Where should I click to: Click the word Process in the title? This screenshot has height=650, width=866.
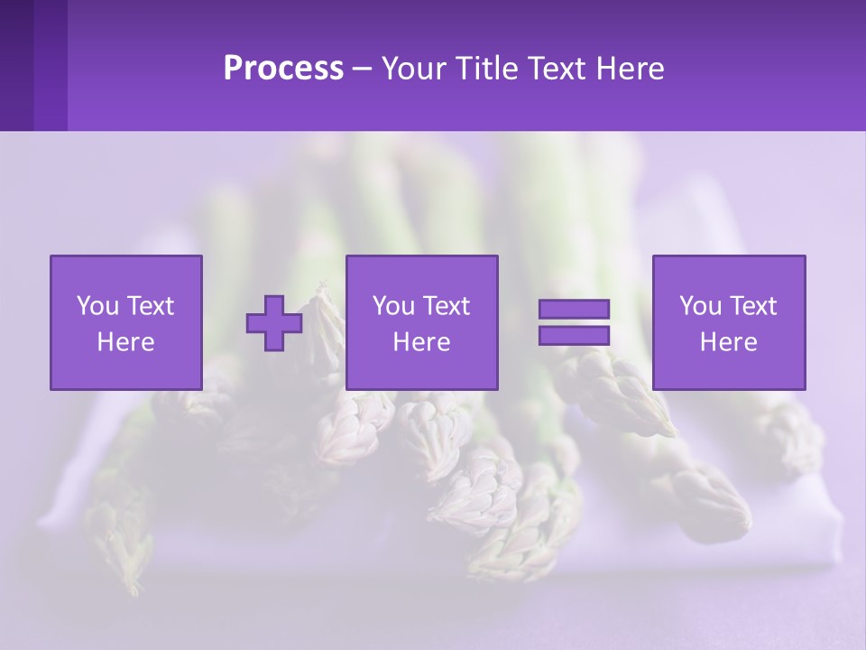click(283, 69)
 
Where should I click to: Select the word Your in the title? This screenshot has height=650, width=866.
click(411, 69)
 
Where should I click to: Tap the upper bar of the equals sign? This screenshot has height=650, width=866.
click(574, 309)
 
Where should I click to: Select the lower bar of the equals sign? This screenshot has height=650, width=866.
click(574, 335)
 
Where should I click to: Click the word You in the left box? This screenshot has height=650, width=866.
click(97, 306)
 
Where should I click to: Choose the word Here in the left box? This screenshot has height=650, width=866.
click(125, 342)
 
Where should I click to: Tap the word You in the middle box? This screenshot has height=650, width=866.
click(393, 306)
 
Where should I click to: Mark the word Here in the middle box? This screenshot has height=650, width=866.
click(421, 342)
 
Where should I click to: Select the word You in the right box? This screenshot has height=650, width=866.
click(700, 306)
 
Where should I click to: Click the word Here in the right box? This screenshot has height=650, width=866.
click(728, 342)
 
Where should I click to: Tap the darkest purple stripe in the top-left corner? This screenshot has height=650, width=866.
click(16, 65)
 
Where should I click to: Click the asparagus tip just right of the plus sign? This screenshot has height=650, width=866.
click(326, 311)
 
